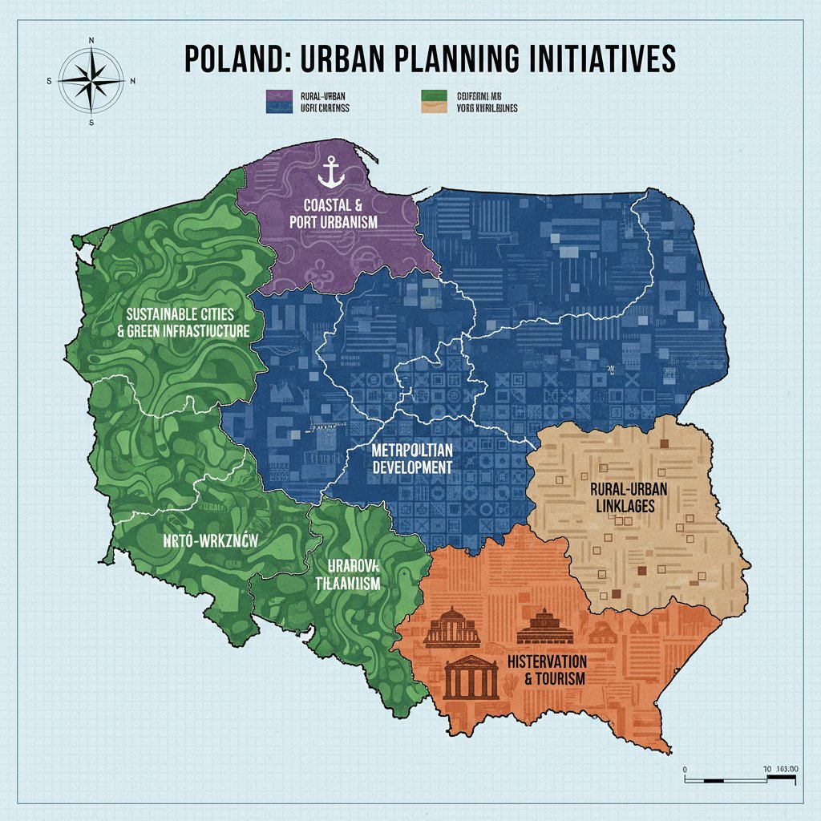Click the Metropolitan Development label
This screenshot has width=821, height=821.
coord(412,458)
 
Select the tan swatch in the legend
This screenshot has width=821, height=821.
coord(432,105)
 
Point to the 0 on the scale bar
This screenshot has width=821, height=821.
coord(686,769)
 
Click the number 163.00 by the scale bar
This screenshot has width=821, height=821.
coord(790,769)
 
